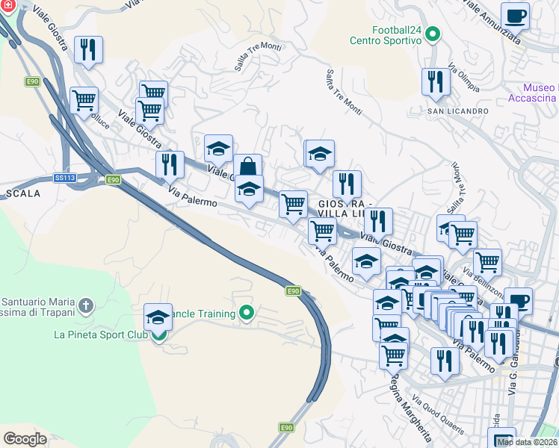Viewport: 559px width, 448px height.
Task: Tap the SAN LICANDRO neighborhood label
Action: (x=457, y=111)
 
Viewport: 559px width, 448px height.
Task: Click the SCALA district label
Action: (x=22, y=193)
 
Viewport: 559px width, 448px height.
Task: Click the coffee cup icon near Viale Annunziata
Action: (x=515, y=16)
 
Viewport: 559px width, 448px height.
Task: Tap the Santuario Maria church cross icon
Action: (x=86, y=305)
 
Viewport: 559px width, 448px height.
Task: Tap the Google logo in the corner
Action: (x=25, y=439)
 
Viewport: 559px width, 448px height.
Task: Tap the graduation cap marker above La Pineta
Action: (x=158, y=318)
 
